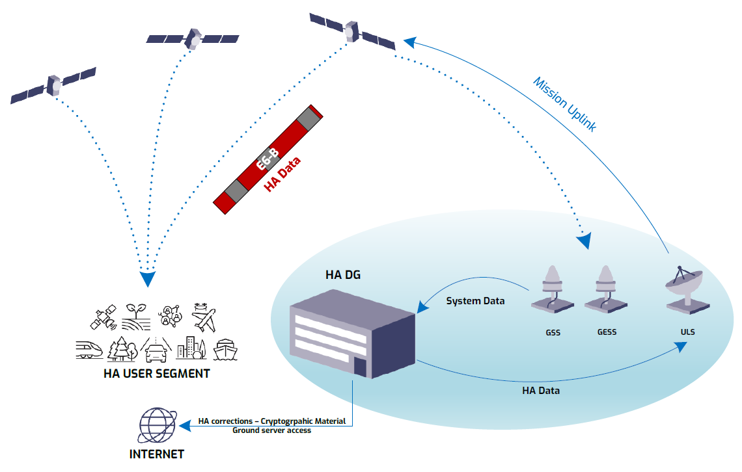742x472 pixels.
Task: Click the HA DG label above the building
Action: tap(342, 274)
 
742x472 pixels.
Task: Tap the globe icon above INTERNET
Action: tap(158, 425)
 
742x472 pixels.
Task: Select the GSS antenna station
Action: tap(552, 289)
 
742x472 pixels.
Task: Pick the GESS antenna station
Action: tap(606, 289)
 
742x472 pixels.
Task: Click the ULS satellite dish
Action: tap(686, 290)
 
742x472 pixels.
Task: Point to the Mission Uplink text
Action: tap(564, 104)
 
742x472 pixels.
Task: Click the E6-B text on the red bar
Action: tap(268, 159)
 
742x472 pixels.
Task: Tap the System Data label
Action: tap(475, 301)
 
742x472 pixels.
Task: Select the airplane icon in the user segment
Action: tap(204, 317)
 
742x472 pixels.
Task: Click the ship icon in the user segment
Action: tap(225, 350)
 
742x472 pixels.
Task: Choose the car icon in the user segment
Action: tap(156, 350)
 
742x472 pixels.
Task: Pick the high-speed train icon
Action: tap(89, 350)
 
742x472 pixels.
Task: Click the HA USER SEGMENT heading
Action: tap(157, 374)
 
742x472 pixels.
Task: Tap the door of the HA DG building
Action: tap(360, 367)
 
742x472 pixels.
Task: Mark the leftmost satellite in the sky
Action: tap(53, 86)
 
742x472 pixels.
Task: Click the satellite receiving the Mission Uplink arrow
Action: tap(352, 32)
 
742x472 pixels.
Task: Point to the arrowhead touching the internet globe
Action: tap(185, 426)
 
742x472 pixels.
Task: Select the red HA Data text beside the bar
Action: tap(282, 174)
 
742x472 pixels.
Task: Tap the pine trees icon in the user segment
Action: tap(122, 350)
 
